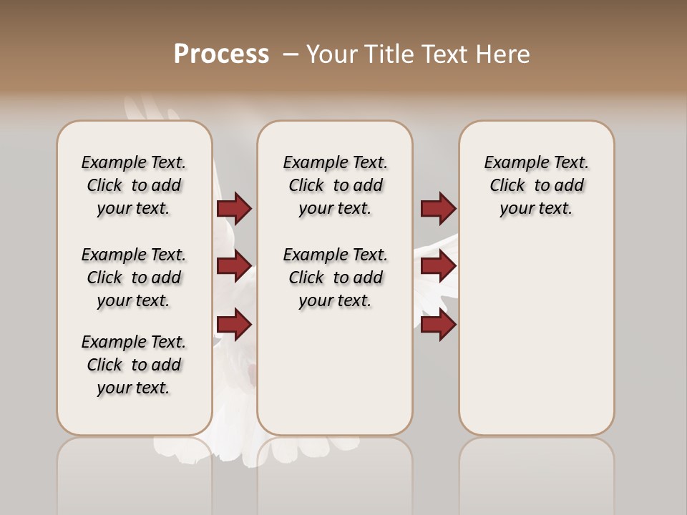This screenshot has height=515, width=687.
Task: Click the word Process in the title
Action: point(221,54)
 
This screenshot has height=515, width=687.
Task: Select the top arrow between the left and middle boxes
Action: point(234,208)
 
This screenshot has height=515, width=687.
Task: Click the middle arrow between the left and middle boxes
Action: point(234,266)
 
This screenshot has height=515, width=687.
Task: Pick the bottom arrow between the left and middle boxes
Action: point(234,324)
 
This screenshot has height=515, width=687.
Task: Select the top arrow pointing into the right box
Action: point(438,208)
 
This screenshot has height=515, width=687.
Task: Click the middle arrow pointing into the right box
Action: point(438,266)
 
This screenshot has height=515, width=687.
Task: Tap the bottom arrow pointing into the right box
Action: point(438,324)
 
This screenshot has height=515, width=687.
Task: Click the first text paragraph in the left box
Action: point(134,185)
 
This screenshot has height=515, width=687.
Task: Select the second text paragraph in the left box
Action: point(134,278)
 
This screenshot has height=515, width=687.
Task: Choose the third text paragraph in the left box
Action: point(134,365)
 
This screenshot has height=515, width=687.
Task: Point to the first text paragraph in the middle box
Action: point(335,185)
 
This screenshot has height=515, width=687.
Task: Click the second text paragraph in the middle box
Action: point(335,278)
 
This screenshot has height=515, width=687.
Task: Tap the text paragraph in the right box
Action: point(536,185)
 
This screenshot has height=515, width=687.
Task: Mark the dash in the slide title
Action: point(291,54)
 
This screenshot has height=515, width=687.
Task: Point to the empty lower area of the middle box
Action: point(335,372)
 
